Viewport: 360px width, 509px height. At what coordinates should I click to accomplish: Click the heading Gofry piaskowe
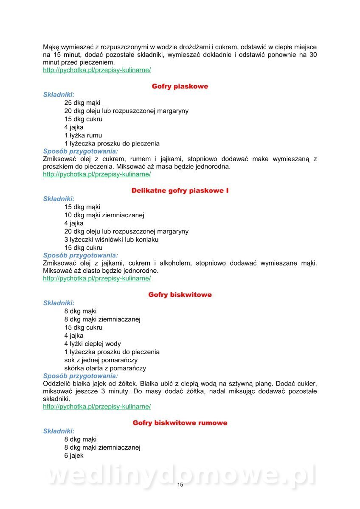[x=180, y=87]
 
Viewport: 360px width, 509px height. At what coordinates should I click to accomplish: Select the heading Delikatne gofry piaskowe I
[x=180, y=191]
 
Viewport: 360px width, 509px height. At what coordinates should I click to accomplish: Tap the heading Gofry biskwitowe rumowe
[x=180, y=423]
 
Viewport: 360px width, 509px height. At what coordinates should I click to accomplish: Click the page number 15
[x=180, y=485]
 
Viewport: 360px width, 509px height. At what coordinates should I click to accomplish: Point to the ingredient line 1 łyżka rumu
[x=83, y=135]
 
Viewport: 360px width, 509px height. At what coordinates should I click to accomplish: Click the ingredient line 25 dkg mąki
[x=82, y=103]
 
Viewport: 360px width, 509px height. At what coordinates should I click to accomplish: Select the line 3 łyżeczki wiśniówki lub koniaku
[x=111, y=240]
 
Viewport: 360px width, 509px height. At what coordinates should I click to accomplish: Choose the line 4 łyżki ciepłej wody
[x=93, y=344]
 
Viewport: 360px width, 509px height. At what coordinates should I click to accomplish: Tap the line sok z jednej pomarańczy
[x=101, y=360]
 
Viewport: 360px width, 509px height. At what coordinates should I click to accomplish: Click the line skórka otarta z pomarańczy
[x=105, y=368]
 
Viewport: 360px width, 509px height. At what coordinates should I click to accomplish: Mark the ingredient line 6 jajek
[x=74, y=456]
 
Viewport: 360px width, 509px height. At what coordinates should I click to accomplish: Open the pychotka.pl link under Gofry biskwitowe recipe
[x=97, y=406]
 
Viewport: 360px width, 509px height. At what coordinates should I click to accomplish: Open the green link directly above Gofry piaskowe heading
[x=97, y=70]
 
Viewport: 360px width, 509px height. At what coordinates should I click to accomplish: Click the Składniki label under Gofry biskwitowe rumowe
[x=59, y=431]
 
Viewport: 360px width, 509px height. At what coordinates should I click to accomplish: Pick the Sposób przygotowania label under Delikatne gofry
[x=81, y=255]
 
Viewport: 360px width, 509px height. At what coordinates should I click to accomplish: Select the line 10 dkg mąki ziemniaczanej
[x=104, y=215]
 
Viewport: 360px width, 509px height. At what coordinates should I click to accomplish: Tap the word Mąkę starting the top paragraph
[x=51, y=47]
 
